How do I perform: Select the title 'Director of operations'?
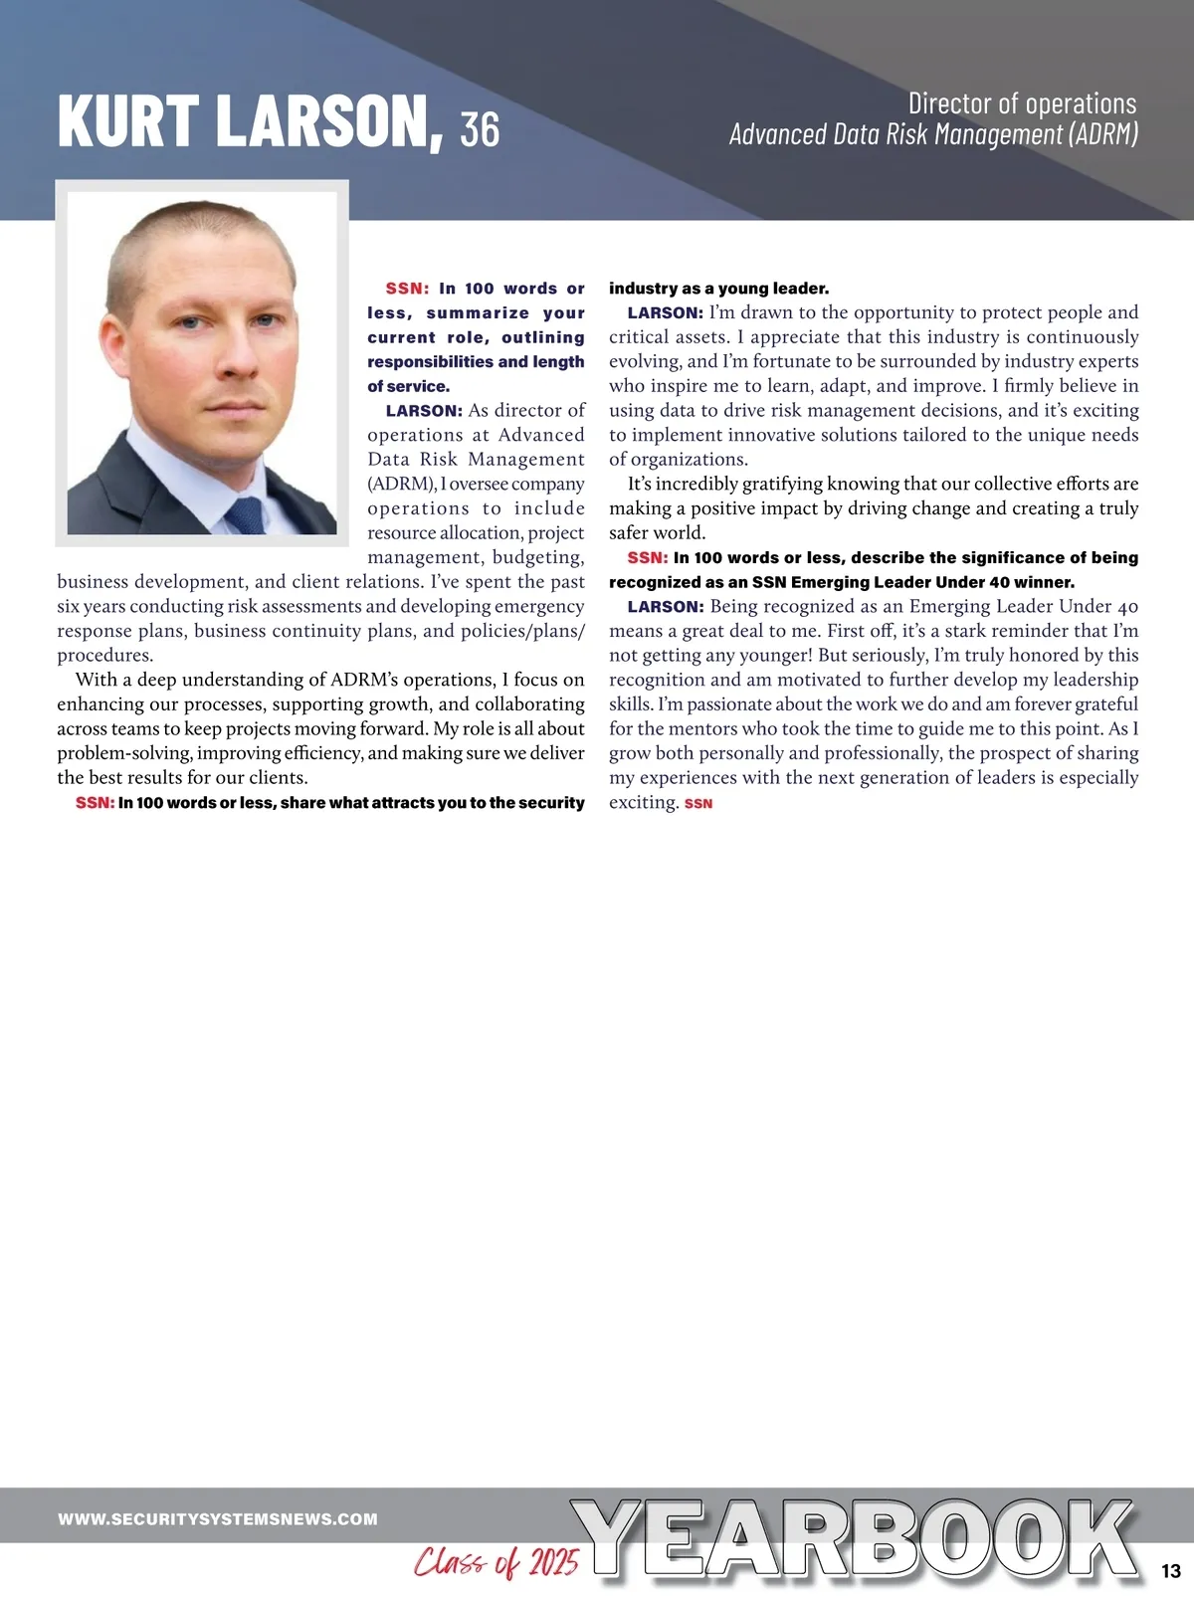(x=1022, y=103)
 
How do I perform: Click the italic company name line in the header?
(x=933, y=134)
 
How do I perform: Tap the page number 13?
(x=1170, y=1571)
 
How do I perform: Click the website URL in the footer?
(x=218, y=1519)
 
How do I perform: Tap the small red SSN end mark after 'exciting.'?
(x=698, y=804)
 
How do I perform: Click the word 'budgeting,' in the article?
(x=538, y=557)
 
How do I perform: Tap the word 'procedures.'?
(x=105, y=656)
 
